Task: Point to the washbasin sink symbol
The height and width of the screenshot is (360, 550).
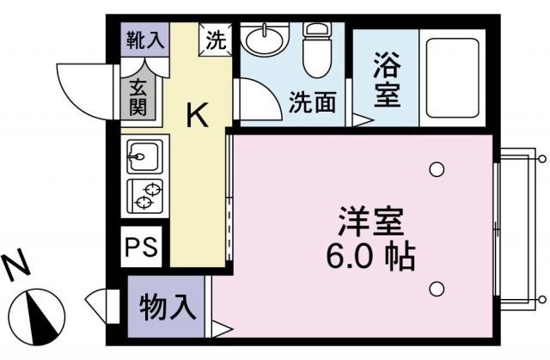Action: tap(263, 39)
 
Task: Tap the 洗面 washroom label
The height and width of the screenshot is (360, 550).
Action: tap(310, 103)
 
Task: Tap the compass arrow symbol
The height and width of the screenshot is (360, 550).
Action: tap(38, 314)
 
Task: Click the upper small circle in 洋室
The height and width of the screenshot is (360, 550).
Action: tap(437, 168)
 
